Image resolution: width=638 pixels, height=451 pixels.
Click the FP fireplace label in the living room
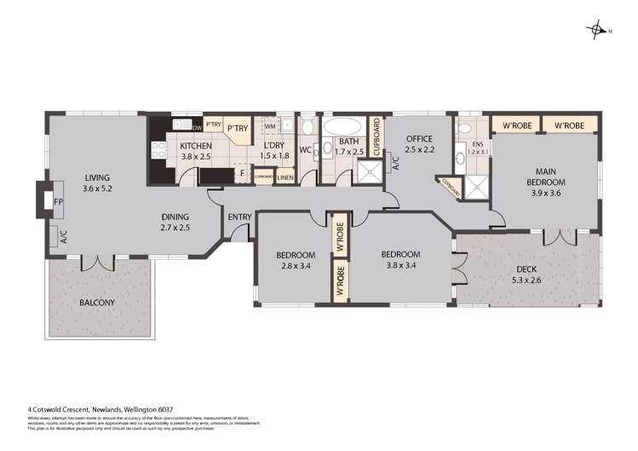pyautogui.click(x=59, y=202)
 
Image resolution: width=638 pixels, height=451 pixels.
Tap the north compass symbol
pyautogui.click(x=598, y=31)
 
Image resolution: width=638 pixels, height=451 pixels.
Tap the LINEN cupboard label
pyautogui.click(x=285, y=177)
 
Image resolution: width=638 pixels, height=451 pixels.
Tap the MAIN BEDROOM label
pyautogui.click(x=545, y=176)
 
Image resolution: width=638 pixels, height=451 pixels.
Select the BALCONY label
pyautogui.click(x=97, y=303)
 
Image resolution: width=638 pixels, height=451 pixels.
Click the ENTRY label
pyautogui.click(x=239, y=217)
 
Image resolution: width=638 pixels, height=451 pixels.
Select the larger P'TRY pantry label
pyautogui.click(x=237, y=129)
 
